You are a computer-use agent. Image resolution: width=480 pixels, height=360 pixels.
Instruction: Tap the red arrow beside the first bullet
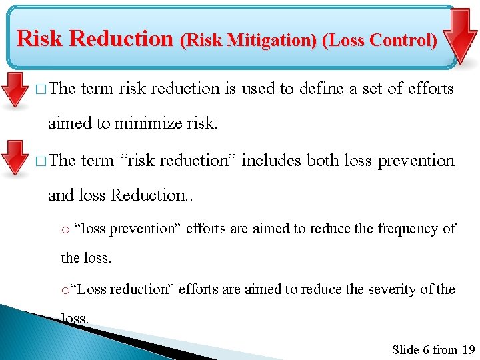(x=13, y=90)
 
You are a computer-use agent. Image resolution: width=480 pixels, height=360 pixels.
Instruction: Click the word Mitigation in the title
(x=273, y=40)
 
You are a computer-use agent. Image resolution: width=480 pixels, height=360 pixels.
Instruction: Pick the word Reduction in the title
(x=121, y=39)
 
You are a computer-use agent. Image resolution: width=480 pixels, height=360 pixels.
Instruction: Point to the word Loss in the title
(x=346, y=40)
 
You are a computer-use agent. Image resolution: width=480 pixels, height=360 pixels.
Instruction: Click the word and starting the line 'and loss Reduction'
(x=61, y=195)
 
